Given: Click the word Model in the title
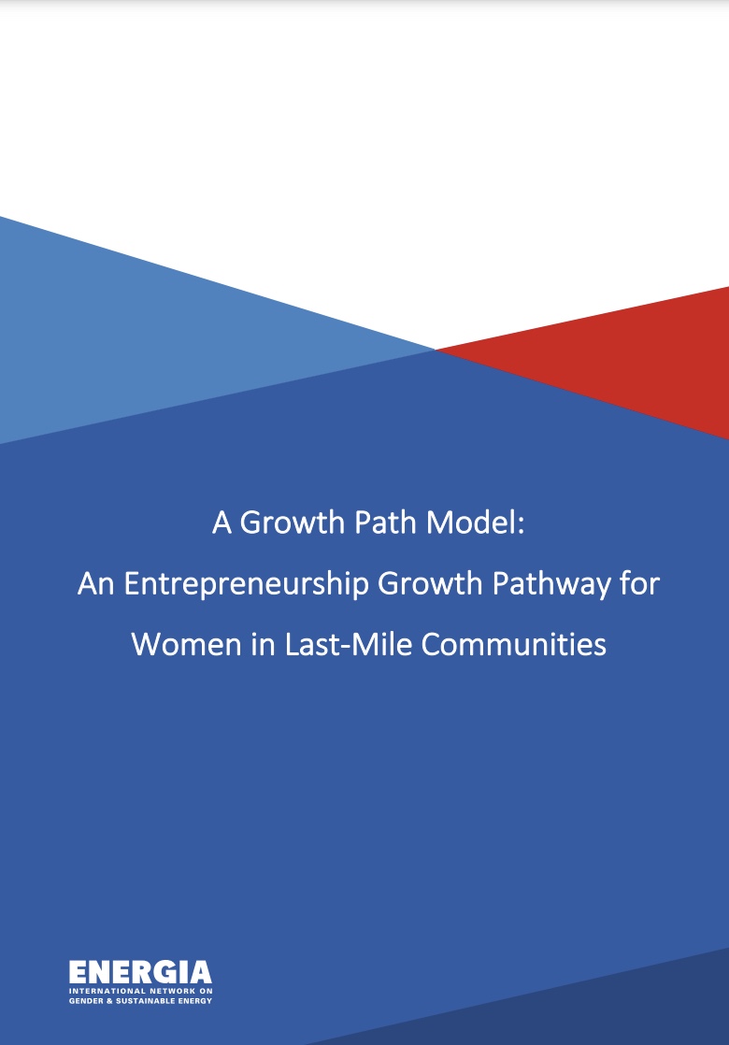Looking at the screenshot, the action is (471, 522).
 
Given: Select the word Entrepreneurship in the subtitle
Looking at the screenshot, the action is (247, 584).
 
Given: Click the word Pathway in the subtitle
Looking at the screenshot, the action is (551, 584).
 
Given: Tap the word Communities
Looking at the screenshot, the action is (514, 644).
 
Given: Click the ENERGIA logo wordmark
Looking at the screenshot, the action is (140, 973).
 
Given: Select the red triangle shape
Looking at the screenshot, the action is (620, 356).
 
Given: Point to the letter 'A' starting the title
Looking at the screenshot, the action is (222, 522).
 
